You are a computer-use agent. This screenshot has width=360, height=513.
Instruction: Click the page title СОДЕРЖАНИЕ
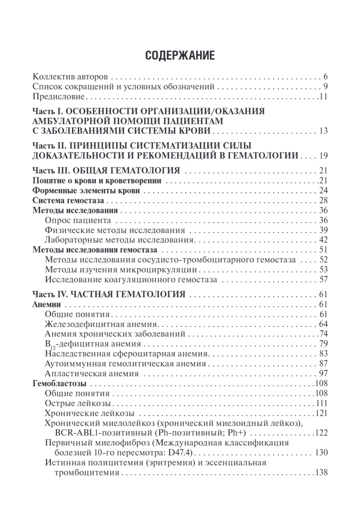click(x=180, y=56)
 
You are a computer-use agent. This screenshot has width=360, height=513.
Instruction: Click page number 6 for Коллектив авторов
click(x=325, y=77)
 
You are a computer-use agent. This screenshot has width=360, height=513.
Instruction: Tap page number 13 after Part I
click(x=322, y=130)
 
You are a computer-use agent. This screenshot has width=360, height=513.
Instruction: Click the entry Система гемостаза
click(x=69, y=200)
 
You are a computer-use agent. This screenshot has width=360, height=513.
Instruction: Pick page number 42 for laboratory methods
click(x=323, y=239)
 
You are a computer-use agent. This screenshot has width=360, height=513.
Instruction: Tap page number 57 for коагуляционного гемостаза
click(x=323, y=280)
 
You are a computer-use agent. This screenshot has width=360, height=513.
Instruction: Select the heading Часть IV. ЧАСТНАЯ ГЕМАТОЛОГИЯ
click(x=109, y=295)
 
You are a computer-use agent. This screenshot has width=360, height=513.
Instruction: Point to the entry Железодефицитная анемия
click(x=102, y=324)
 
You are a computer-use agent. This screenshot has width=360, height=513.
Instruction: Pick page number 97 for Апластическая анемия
click(x=323, y=373)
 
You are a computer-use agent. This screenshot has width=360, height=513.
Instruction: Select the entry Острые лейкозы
click(x=78, y=403)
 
